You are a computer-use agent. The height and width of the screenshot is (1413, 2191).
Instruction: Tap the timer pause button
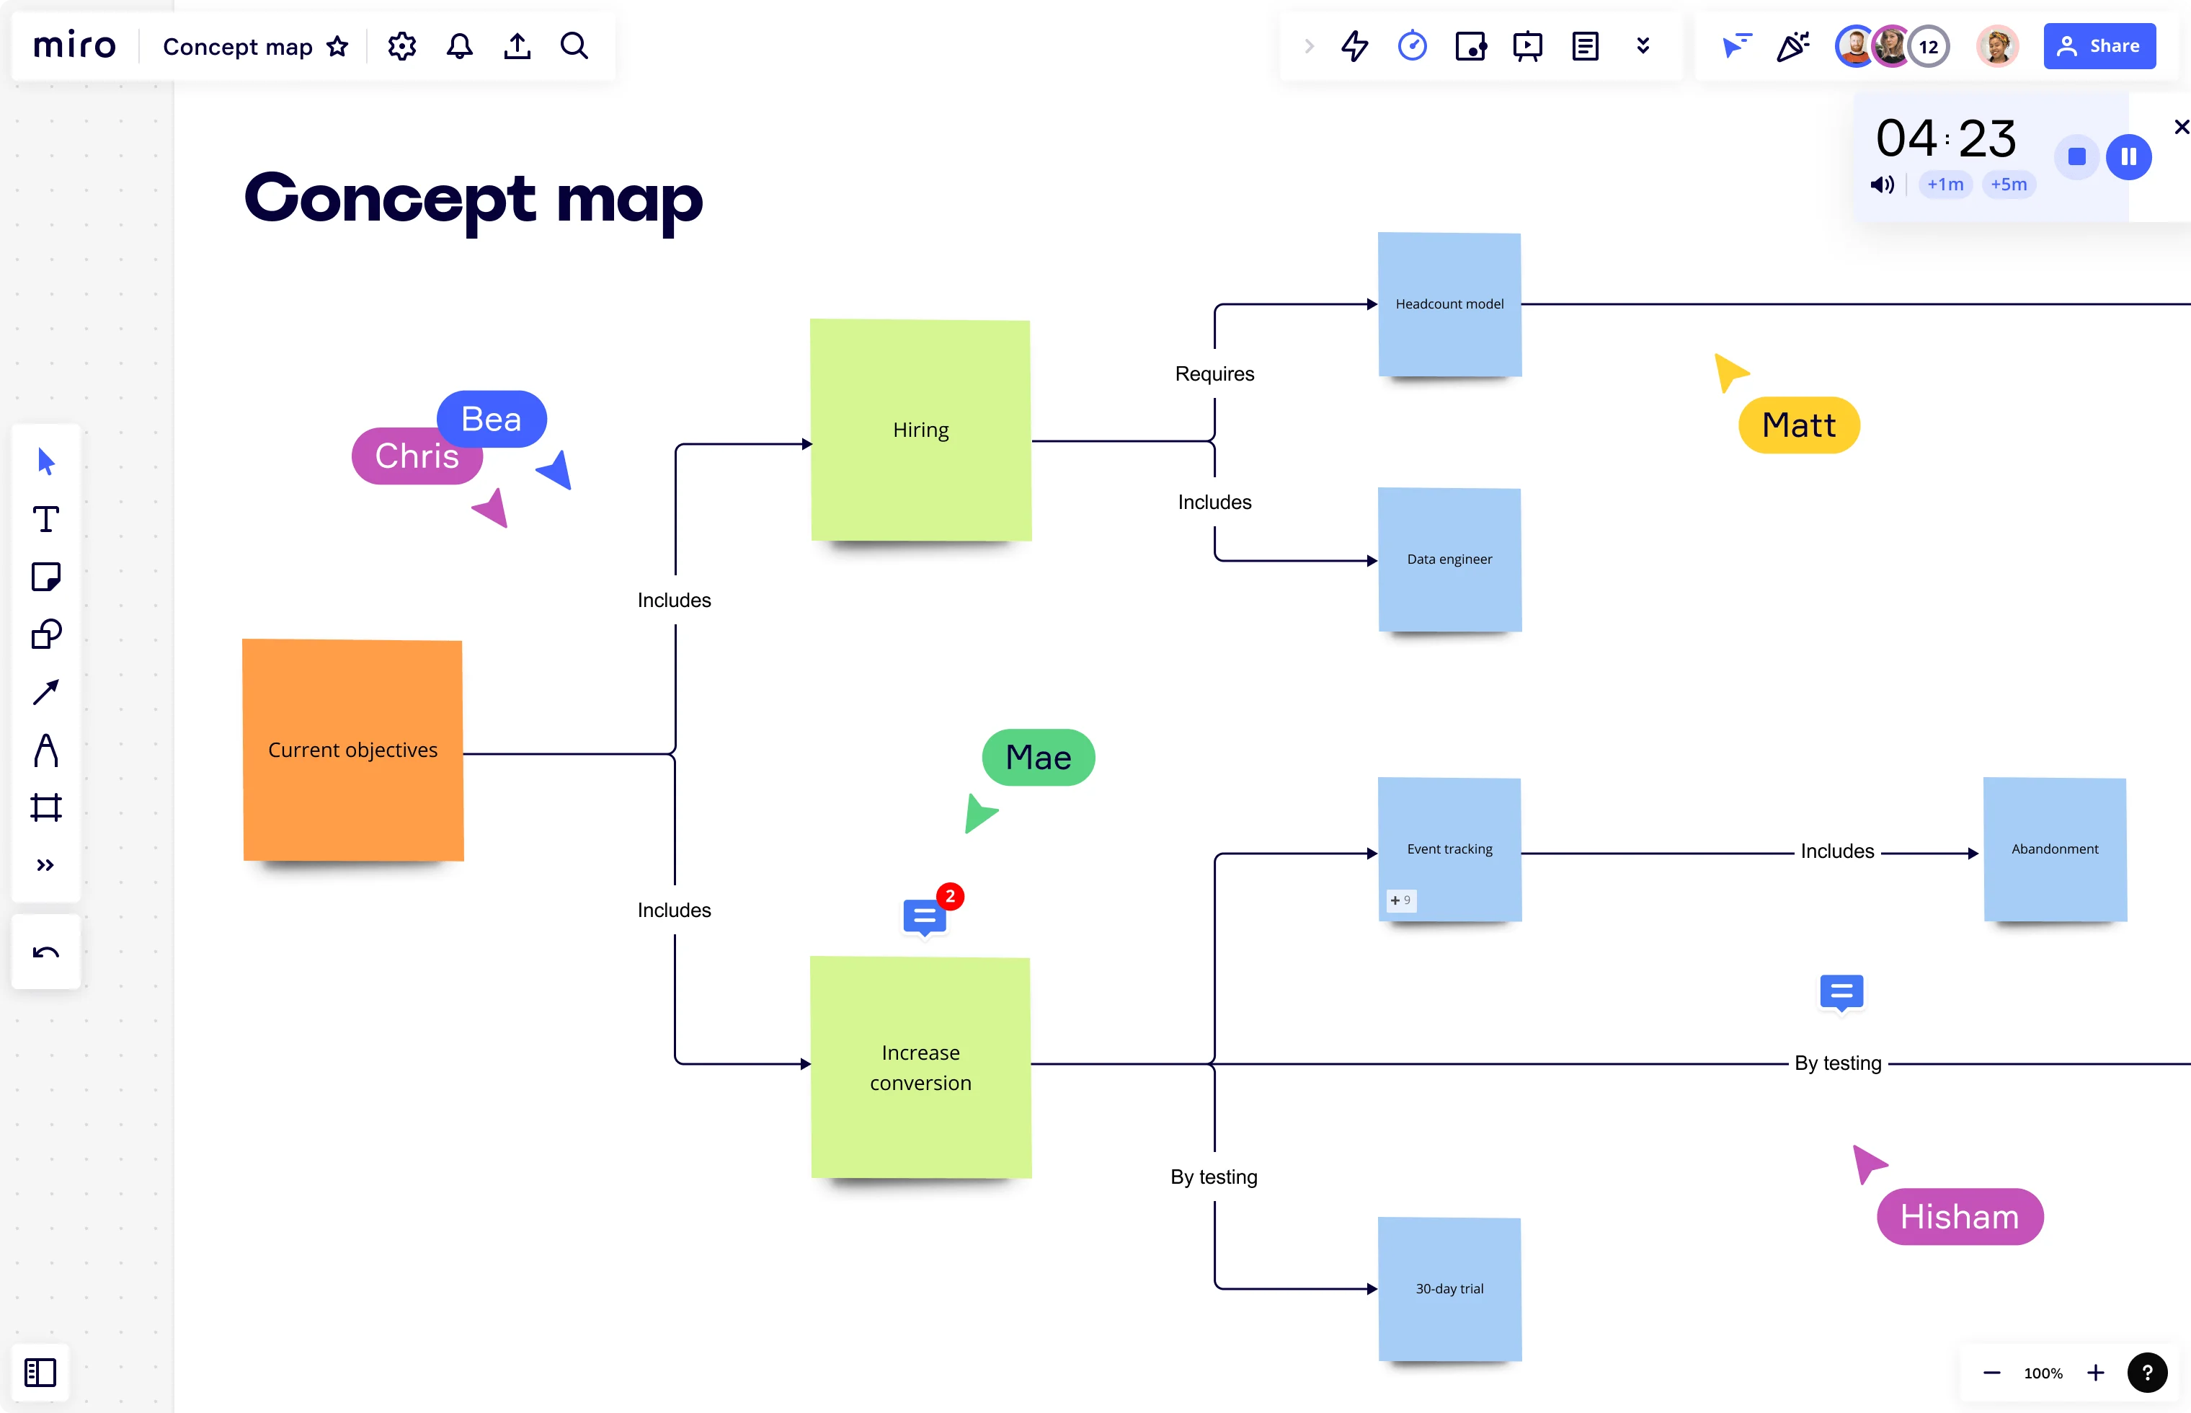pos(2128,157)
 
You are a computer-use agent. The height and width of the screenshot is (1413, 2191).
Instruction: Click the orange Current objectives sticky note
pos(352,750)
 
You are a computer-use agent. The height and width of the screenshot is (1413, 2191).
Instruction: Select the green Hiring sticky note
pos(920,430)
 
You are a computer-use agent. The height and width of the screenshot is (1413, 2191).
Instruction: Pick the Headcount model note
pos(1449,304)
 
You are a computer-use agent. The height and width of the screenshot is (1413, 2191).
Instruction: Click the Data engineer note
pos(1449,559)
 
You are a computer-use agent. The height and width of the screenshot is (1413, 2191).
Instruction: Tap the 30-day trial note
pos(1449,1288)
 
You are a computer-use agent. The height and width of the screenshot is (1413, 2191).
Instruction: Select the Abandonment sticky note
pos(2054,849)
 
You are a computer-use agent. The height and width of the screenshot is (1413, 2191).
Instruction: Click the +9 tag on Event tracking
pos(1400,900)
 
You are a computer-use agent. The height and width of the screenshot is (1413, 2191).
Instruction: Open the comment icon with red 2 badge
pos(925,916)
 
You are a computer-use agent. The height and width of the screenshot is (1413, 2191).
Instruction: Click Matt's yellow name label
pos(1798,425)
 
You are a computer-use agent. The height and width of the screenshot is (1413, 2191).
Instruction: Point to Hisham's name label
pos(1959,1217)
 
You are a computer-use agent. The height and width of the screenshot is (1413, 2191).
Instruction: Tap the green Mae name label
pos(1038,757)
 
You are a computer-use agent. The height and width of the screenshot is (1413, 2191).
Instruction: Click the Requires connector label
pos(1214,373)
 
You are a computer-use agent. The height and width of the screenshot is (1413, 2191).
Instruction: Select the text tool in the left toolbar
pos(46,519)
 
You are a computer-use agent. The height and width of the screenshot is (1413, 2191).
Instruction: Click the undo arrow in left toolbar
pos(46,952)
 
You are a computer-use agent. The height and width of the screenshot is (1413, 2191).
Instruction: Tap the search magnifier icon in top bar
pos(574,46)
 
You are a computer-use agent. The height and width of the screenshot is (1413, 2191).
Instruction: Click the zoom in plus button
pos(2096,1373)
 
